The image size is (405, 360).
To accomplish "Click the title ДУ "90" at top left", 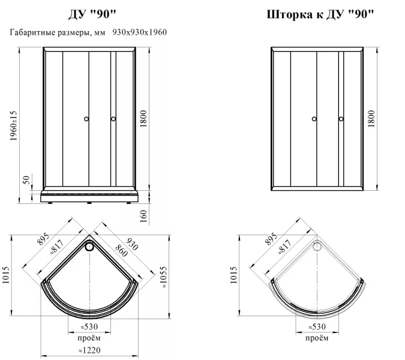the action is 92,14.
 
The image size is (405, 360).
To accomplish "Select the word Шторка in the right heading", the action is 289,14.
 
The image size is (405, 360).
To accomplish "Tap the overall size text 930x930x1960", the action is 139,32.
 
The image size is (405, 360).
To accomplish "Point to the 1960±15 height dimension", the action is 13,125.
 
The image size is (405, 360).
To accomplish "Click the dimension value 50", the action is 26,180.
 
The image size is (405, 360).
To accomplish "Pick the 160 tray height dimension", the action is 143,216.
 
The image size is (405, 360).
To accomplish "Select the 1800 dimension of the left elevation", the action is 143,119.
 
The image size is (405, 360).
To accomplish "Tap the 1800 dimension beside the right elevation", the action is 371,119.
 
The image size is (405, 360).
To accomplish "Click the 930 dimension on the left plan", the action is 132,244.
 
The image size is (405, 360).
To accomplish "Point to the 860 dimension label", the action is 121,251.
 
